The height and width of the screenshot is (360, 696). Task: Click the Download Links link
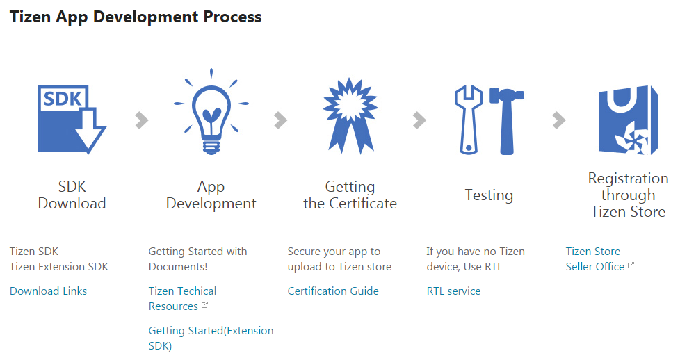pos(49,291)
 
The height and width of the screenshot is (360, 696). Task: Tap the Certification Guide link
pos(333,291)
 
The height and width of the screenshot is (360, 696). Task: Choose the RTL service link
pos(453,291)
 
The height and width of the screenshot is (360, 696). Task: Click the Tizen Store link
pos(593,252)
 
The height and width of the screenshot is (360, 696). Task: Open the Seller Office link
pos(594,267)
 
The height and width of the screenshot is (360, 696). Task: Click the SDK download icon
pos(72,120)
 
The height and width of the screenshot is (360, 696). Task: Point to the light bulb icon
pos(211,112)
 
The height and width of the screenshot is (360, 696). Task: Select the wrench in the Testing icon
pos(469,120)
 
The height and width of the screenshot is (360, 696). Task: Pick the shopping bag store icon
pos(628,120)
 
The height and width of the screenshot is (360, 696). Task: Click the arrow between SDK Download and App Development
pos(142,120)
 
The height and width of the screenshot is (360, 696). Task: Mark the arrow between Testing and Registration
pos(559,120)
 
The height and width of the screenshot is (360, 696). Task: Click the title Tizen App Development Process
pos(136,17)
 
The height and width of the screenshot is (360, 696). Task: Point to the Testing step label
pos(489,195)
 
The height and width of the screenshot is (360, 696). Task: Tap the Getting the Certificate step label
pos(350,195)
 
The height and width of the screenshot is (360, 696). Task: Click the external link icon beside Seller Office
pos(631,265)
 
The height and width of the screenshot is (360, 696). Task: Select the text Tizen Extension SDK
pos(59,267)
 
